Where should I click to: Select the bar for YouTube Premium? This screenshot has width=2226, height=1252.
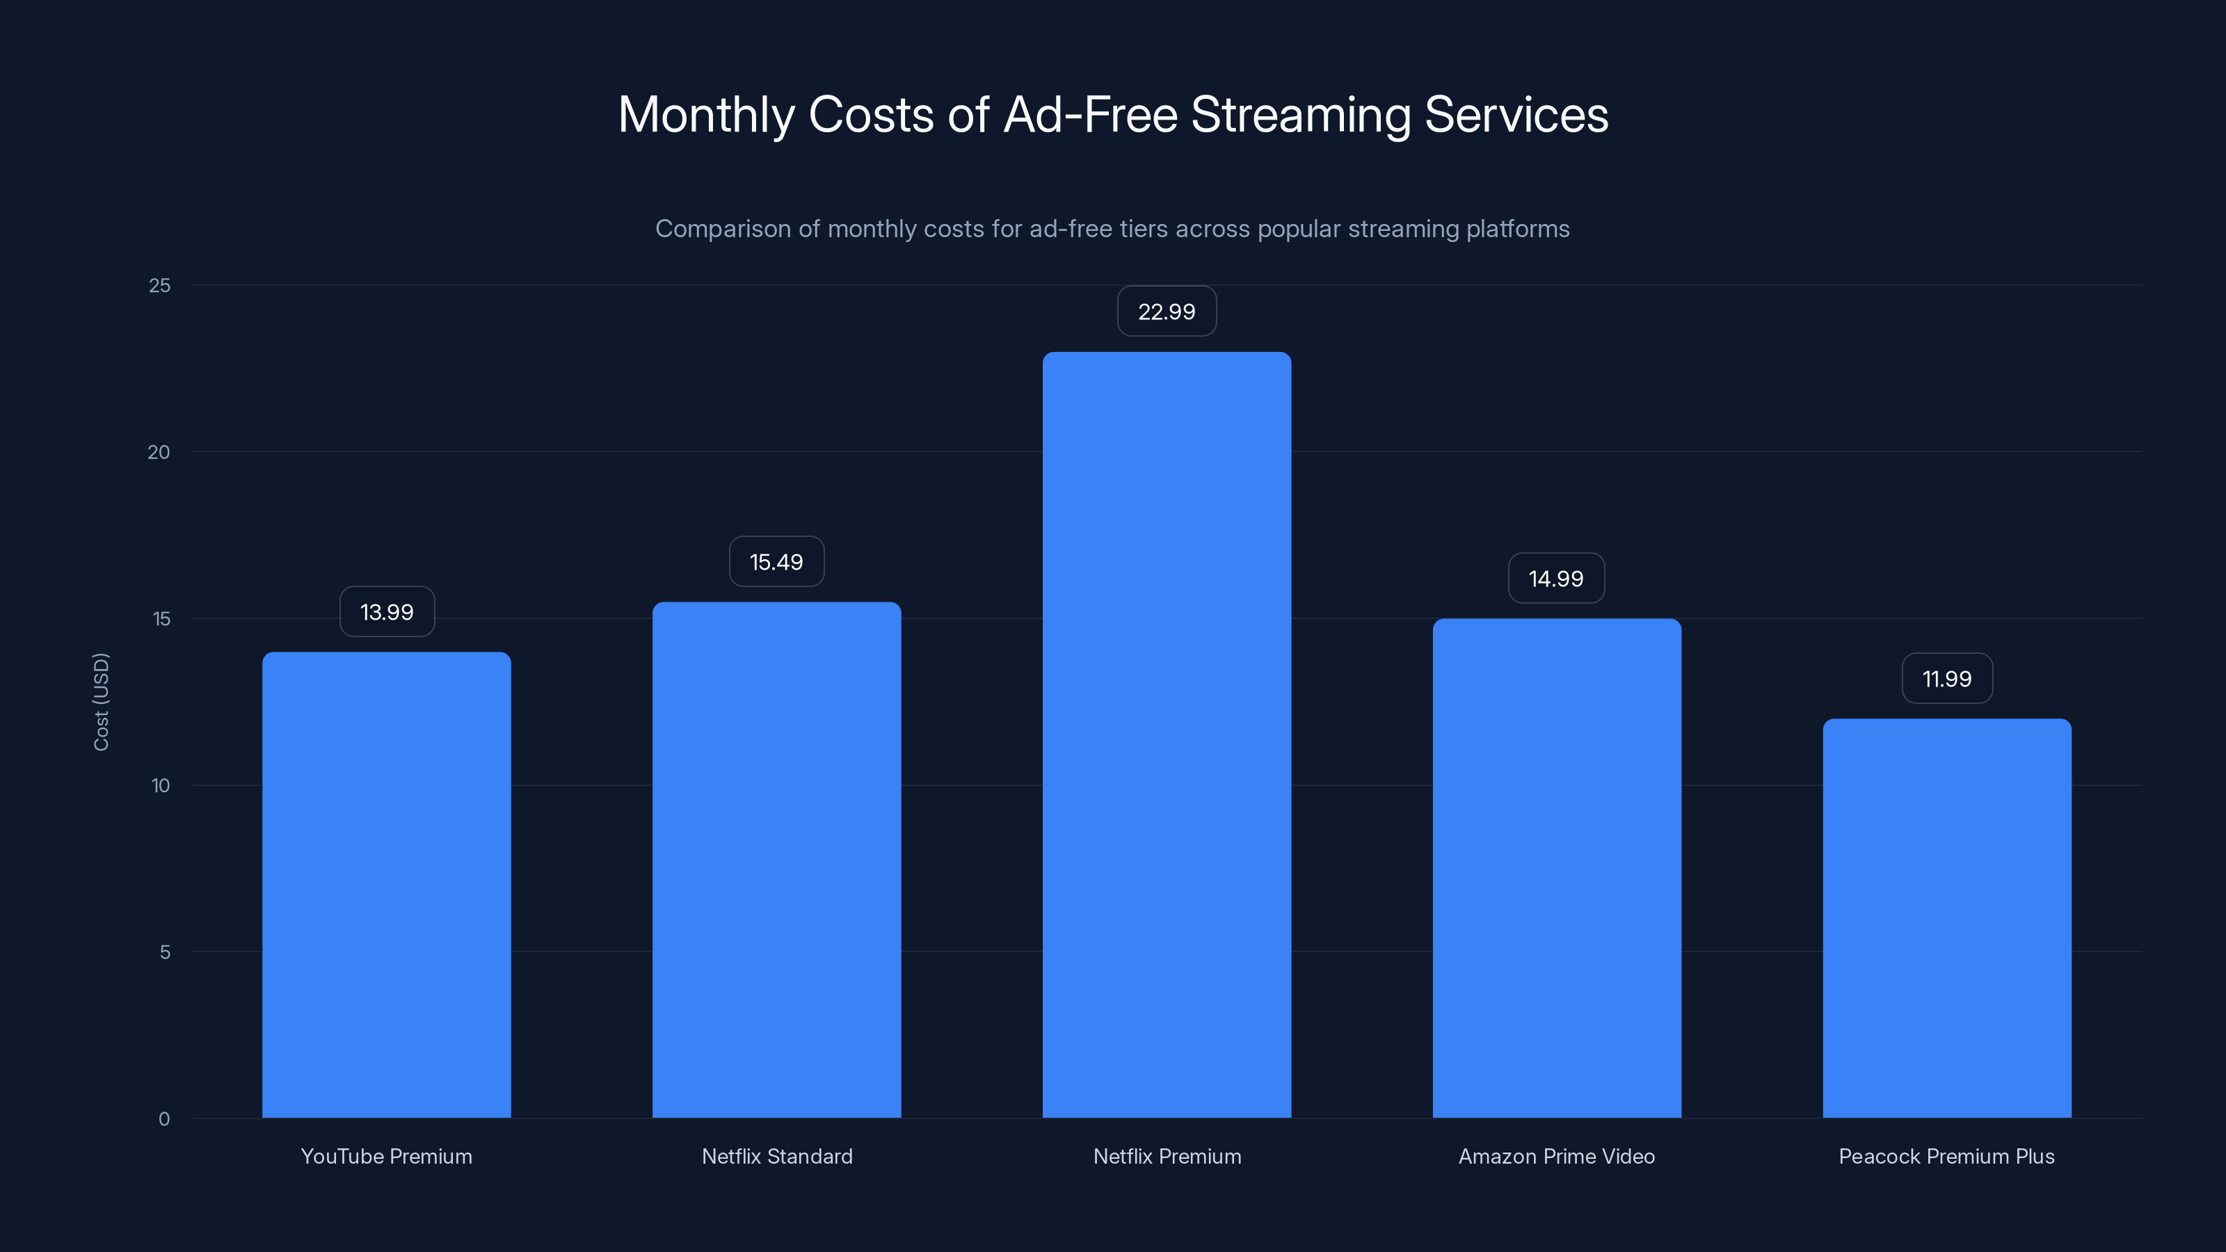(x=386, y=885)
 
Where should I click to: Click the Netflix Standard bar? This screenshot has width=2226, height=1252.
(x=776, y=860)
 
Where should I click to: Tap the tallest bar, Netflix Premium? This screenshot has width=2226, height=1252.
(x=1167, y=735)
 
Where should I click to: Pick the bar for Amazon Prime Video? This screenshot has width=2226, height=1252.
(x=1556, y=868)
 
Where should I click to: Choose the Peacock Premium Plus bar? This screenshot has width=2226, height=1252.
(x=1947, y=917)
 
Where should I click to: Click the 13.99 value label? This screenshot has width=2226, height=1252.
(x=386, y=612)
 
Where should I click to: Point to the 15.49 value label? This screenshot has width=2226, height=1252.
(x=776, y=561)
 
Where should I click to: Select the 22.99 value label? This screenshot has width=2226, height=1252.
(x=1167, y=311)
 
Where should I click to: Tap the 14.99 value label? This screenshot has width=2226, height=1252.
(x=1556, y=578)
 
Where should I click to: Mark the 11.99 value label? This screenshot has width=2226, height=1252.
(x=1947, y=678)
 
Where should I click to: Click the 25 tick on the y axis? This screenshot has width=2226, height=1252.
(x=160, y=285)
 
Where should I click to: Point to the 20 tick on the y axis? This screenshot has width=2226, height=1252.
(x=159, y=452)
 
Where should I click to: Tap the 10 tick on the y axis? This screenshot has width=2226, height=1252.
(x=161, y=785)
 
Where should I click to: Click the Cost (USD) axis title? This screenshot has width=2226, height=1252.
(x=101, y=702)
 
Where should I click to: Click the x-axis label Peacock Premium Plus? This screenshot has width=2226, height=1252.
(x=1946, y=1156)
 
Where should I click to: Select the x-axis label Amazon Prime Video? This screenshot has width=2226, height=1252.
(x=1556, y=1156)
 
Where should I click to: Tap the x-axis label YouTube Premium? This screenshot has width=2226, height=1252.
(x=386, y=1156)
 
